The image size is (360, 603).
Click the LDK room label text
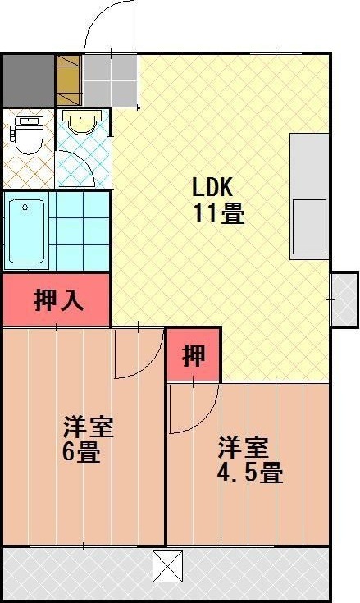212,187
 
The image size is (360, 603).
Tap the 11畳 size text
219,212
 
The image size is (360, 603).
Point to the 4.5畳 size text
250,473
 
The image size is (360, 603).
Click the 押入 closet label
58,300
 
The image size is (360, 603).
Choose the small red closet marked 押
194,354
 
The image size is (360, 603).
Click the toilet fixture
28,135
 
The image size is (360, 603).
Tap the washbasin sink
81,121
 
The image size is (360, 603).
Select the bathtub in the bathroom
26,231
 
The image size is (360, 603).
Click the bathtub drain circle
25,208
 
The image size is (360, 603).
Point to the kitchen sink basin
309,227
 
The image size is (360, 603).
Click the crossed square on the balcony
168,566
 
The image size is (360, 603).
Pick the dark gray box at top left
29,80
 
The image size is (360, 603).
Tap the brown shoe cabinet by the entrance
69,80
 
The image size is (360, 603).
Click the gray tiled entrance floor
110,80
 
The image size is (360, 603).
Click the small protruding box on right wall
344,299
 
